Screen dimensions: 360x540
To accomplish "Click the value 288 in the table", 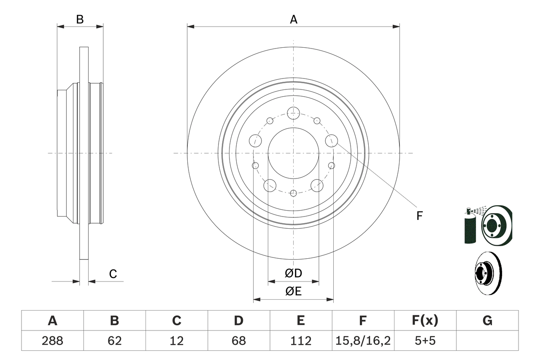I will [x=52, y=341].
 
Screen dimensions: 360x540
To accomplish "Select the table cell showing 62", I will [x=114, y=341].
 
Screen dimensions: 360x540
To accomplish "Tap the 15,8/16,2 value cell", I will [x=363, y=341].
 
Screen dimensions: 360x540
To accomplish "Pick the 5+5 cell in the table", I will [x=425, y=341].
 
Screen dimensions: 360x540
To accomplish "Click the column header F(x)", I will [x=425, y=321].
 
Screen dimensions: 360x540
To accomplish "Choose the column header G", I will [x=487, y=321].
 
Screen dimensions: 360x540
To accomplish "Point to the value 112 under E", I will [x=300, y=341].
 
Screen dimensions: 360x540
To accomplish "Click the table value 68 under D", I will [x=239, y=341].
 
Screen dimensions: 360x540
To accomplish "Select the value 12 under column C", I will [x=176, y=341].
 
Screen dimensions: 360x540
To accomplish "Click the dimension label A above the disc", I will [x=294, y=19].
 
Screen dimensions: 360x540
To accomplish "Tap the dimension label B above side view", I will [x=80, y=19].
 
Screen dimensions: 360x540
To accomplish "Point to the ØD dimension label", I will [x=294, y=273].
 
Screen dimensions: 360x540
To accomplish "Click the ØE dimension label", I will [x=294, y=292].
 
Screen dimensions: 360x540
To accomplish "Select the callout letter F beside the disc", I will [x=419, y=216].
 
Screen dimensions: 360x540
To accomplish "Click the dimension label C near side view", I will [x=113, y=274].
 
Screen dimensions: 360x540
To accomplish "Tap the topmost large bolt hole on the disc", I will [x=293, y=113].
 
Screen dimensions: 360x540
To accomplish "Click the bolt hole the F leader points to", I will [x=332, y=141].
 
